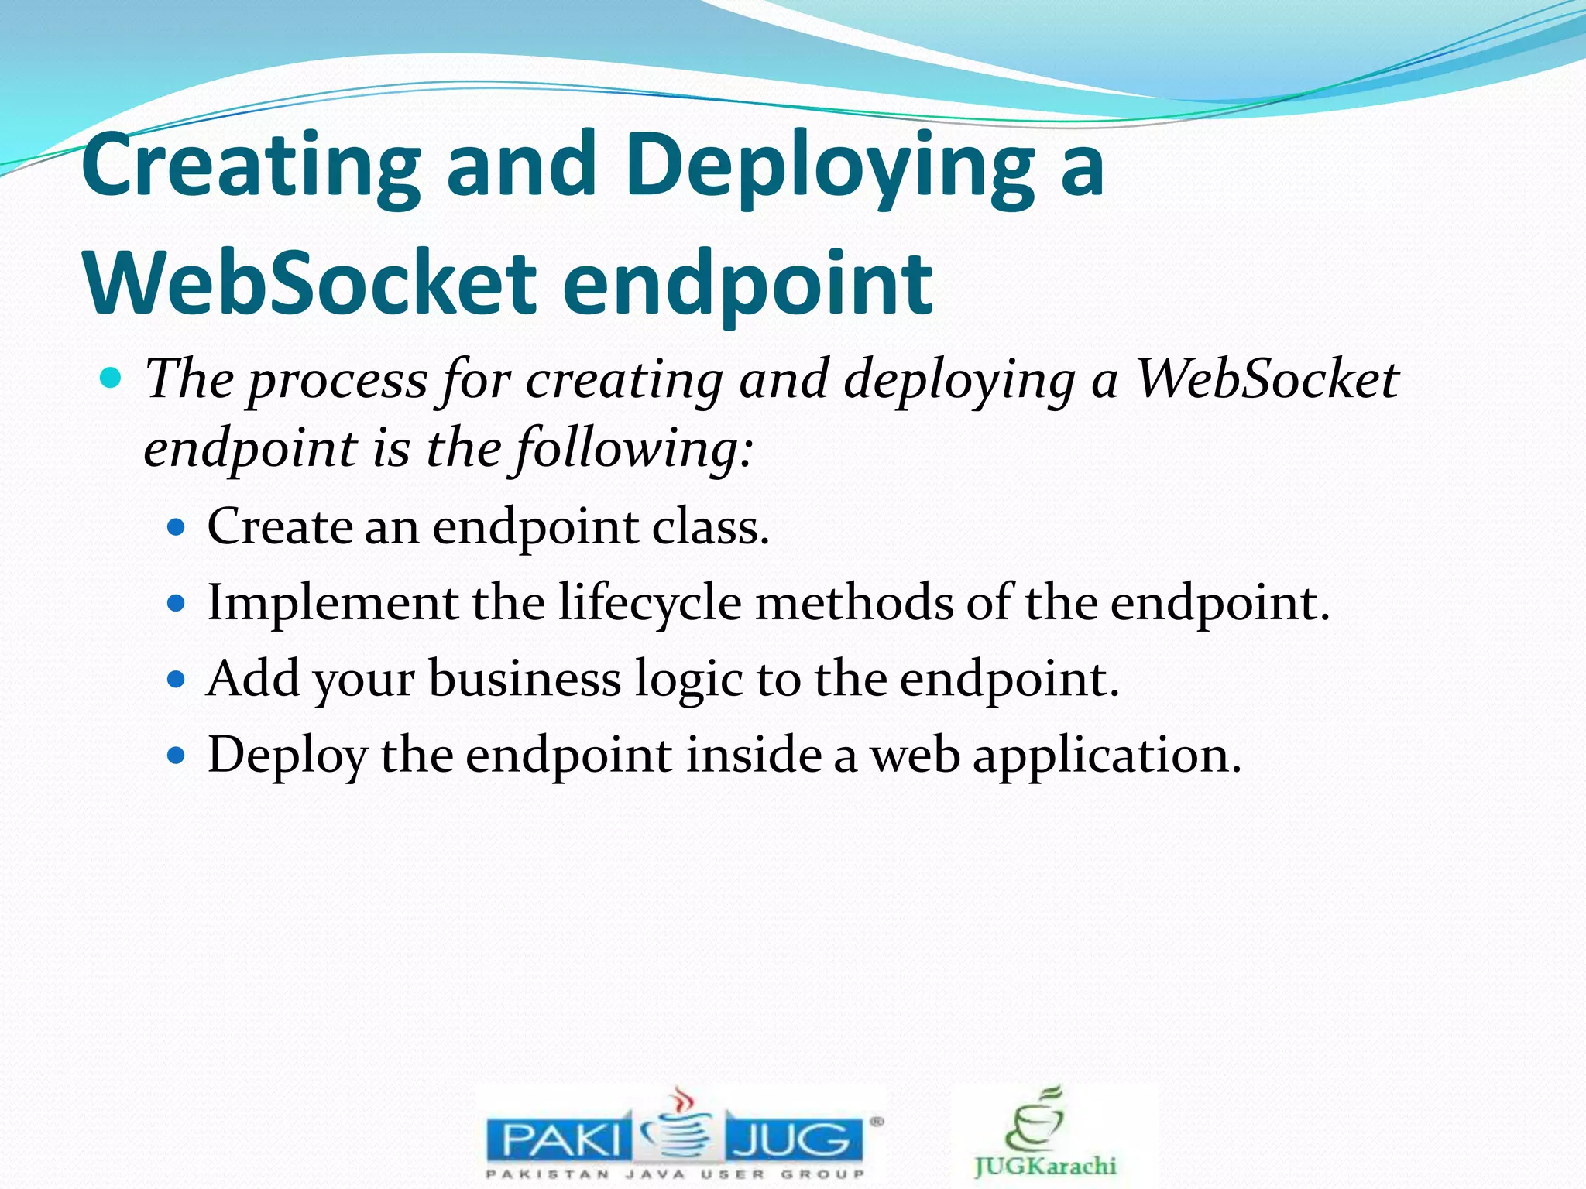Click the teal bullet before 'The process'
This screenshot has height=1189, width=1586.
(112, 379)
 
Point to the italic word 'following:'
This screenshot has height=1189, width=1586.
(633, 449)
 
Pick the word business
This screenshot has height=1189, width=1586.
(524, 679)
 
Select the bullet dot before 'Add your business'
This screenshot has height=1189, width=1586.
(177, 680)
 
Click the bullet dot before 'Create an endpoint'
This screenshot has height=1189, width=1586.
(177, 528)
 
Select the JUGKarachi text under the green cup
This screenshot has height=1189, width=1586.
(1045, 1165)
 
